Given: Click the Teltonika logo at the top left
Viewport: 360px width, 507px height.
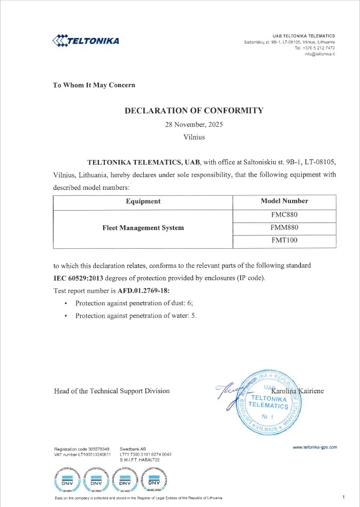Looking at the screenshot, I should coord(85,41).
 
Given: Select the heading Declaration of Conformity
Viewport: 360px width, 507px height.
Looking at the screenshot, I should coord(194,111).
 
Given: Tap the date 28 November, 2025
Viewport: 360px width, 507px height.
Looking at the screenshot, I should coord(194,124).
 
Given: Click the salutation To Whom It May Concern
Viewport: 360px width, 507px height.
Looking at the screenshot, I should coord(94,85).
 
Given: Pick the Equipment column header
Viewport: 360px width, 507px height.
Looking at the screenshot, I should coord(143,202).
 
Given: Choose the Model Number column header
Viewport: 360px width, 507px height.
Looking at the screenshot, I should coord(284,202).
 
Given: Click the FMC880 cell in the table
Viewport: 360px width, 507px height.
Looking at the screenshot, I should coord(284,215).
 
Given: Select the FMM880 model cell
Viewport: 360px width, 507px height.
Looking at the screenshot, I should coord(284,227).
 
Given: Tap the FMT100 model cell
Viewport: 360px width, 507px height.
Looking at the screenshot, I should coord(284,241).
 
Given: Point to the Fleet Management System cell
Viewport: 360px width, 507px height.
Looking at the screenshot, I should coord(143,228).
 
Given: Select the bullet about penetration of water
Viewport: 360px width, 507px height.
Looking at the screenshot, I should coord(136,316).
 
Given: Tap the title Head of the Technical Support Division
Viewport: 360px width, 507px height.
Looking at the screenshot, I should coord(112,391).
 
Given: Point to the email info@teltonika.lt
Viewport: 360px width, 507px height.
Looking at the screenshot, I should coord(319,55).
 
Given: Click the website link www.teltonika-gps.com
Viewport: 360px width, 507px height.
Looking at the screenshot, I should coord(315,447).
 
